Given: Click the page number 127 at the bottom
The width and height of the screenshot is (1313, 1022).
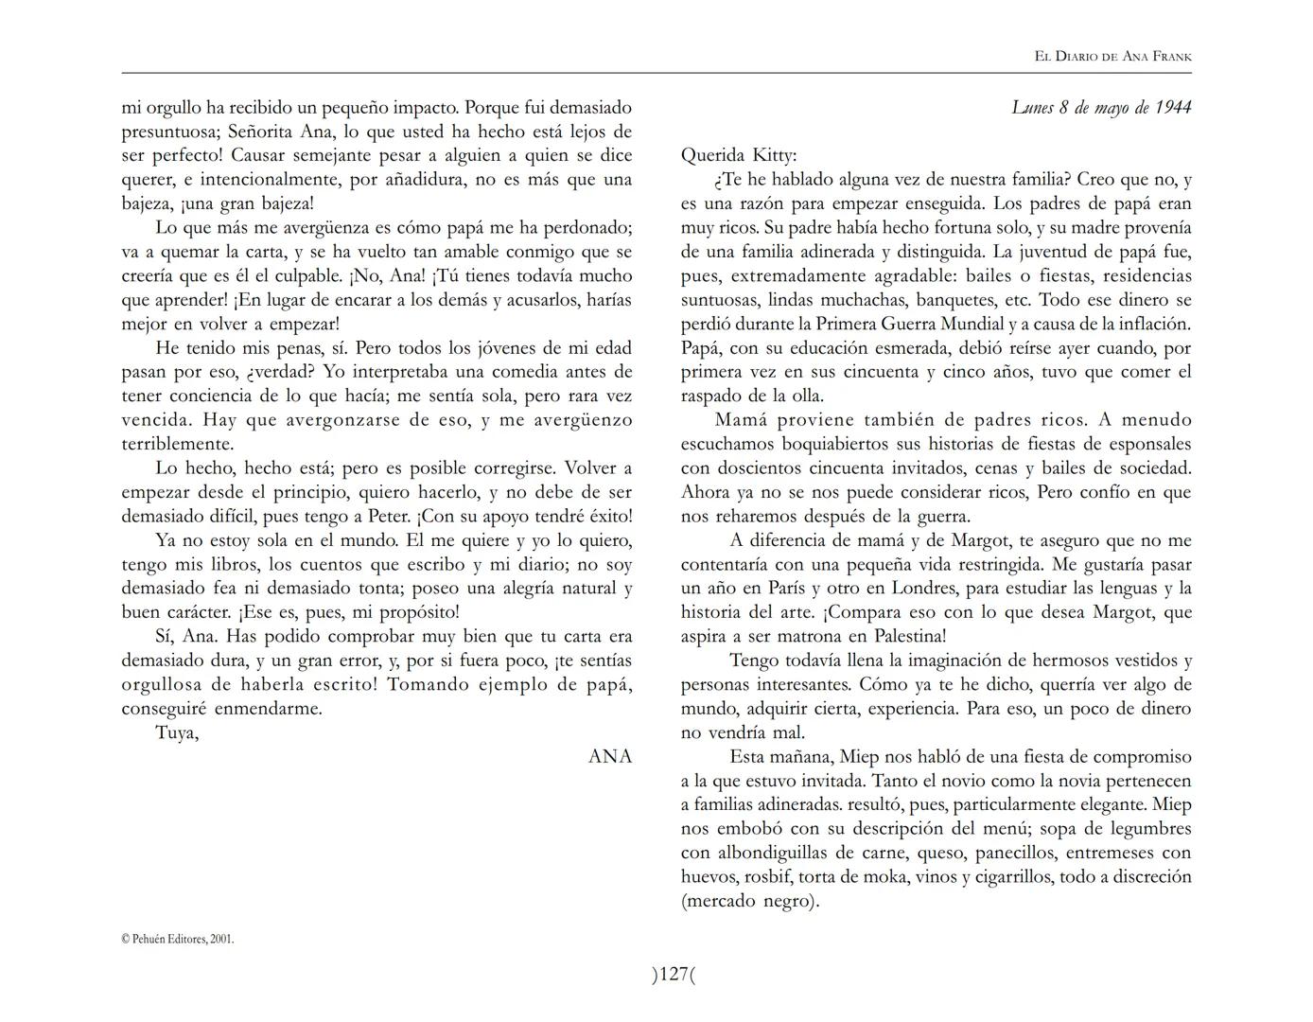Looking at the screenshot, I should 673,974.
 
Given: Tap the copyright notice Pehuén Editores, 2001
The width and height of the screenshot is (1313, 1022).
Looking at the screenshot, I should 178,939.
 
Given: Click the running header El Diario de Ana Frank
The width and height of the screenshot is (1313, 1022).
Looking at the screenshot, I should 1112,57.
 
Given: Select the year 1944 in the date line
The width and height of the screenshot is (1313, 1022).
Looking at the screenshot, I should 1173,107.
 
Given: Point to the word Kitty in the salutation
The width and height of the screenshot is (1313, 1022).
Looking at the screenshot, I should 775,155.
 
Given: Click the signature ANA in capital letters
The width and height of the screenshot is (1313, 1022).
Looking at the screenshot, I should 610,756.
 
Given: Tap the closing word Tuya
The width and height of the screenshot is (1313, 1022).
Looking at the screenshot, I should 177,732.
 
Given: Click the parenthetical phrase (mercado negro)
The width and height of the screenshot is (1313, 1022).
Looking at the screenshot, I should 749,901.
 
